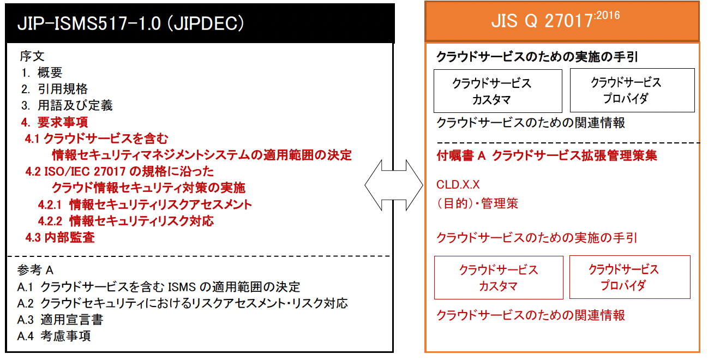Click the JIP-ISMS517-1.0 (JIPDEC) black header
pyautogui.click(x=199, y=23)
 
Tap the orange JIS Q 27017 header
pyautogui.click(x=562, y=22)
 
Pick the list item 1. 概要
pyautogui.click(x=42, y=72)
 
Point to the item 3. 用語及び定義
pyautogui.click(x=67, y=105)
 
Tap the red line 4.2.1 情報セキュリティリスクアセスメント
pyautogui.click(x=145, y=205)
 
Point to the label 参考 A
pyautogui.click(x=35, y=270)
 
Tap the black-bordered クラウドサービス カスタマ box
pyautogui.click(x=497, y=91)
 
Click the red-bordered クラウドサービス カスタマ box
pyautogui.click(x=499, y=278)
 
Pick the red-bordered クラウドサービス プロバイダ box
pyautogui.click(x=629, y=277)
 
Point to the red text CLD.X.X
pyautogui.click(x=458, y=185)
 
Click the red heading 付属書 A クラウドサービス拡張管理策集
pyautogui.click(x=547, y=155)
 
